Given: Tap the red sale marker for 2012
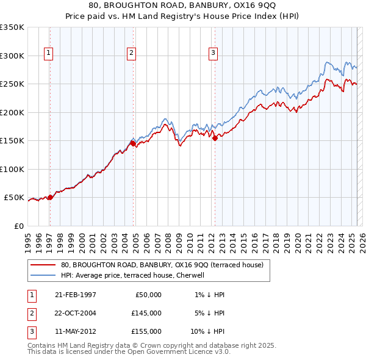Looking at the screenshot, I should click(x=215, y=139).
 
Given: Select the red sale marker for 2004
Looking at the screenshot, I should click(x=134, y=144).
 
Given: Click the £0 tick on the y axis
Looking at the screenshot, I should click(x=19, y=226).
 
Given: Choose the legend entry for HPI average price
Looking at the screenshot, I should click(x=135, y=275).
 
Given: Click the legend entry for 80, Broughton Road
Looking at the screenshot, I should click(x=162, y=265).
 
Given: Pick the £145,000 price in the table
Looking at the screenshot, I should click(x=146, y=313).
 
